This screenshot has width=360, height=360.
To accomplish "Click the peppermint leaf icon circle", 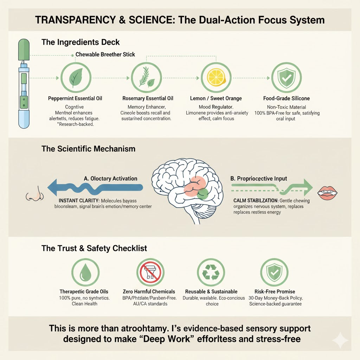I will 76,78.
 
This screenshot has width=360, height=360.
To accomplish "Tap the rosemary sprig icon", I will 146,78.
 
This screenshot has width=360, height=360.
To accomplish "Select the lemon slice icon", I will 216,78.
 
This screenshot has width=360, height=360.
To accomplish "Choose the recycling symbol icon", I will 211,272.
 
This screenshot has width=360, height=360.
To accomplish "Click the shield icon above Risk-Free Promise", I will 274,272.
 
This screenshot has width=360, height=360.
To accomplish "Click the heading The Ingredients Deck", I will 81,42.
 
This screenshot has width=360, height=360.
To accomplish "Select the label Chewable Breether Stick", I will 105,55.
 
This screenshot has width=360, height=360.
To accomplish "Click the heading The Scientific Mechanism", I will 88,149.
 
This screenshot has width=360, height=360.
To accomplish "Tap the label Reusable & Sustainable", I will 211,291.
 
